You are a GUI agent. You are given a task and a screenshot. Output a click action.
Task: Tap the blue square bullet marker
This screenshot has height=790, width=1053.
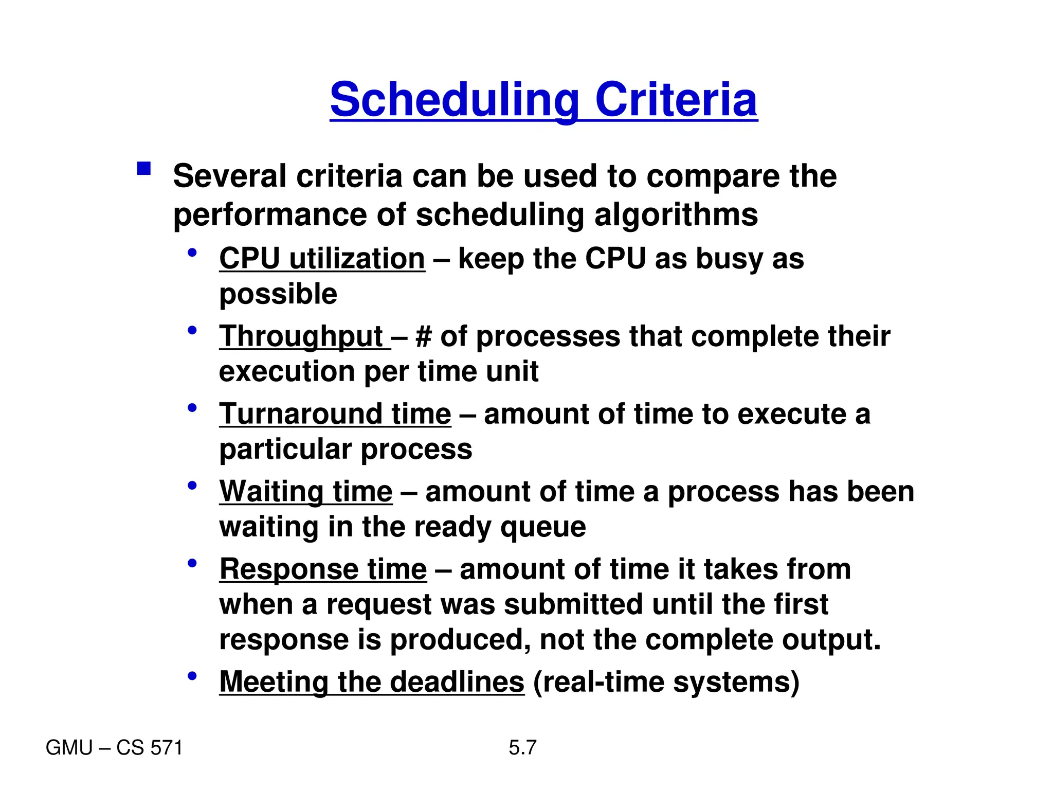(x=144, y=169)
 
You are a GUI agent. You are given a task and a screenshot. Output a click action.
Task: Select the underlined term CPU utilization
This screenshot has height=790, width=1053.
(x=322, y=258)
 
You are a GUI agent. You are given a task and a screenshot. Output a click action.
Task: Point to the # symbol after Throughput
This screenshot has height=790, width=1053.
(x=423, y=337)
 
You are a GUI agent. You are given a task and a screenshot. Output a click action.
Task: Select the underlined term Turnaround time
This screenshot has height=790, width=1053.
(x=335, y=414)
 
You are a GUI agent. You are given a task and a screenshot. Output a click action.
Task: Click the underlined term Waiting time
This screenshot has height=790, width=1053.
(x=306, y=492)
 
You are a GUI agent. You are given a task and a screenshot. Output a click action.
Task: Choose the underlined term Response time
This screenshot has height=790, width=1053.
(x=323, y=569)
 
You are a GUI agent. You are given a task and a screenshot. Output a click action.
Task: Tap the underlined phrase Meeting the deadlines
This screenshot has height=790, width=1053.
(x=372, y=682)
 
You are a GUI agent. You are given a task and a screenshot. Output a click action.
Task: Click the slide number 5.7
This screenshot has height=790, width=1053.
(x=522, y=747)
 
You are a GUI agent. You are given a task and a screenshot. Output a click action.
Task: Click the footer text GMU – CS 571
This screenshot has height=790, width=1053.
(x=114, y=748)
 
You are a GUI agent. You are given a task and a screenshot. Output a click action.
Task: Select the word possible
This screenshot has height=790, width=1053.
(x=278, y=295)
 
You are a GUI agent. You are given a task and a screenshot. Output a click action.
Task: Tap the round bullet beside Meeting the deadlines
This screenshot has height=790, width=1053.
(x=192, y=676)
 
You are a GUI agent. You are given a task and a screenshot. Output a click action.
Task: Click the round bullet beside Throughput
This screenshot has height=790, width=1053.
(x=192, y=330)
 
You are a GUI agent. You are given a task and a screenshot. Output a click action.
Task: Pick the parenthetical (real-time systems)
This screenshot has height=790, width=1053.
(x=666, y=682)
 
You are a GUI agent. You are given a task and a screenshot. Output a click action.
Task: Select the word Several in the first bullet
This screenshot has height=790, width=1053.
(x=229, y=176)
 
